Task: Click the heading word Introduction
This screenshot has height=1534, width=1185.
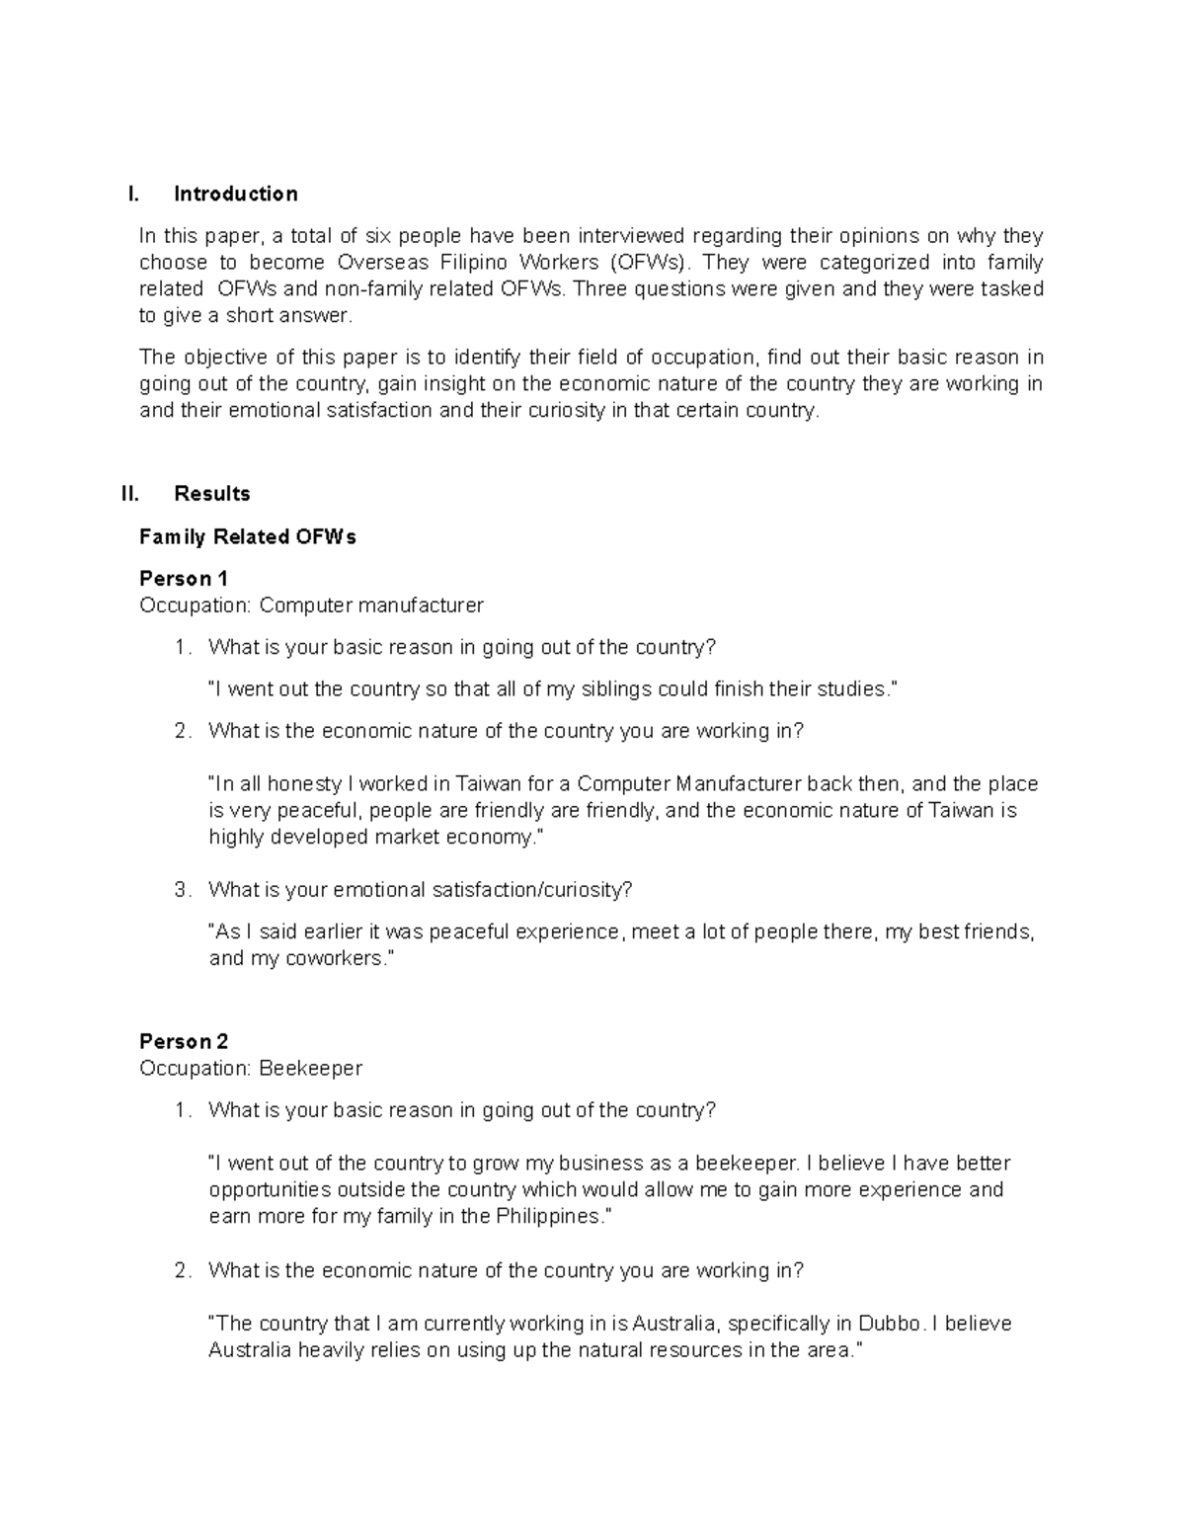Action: click(235, 194)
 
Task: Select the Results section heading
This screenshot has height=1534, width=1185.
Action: click(211, 494)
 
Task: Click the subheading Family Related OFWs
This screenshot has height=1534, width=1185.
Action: click(248, 537)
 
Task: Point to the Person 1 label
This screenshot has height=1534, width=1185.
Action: click(184, 579)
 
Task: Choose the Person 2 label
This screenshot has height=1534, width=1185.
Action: click(184, 1042)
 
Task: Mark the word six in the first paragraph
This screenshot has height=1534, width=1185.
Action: click(380, 236)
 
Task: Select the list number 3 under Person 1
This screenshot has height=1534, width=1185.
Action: click(181, 890)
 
